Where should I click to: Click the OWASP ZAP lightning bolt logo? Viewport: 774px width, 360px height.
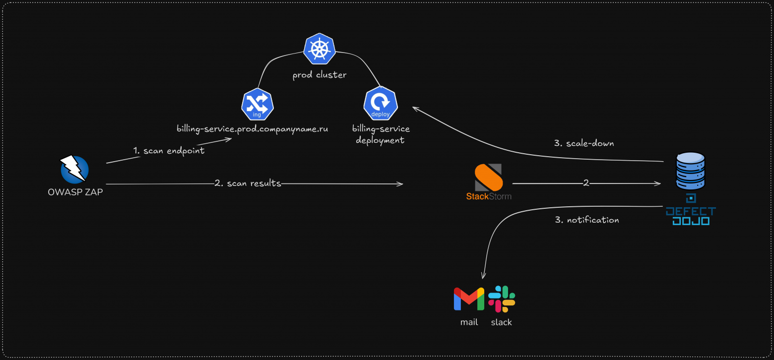(x=74, y=169)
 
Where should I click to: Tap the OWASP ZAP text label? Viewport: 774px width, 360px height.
(x=75, y=192)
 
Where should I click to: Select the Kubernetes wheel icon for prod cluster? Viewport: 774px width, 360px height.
(x=320, y=49)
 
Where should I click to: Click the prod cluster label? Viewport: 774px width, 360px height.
(x=320, y=75)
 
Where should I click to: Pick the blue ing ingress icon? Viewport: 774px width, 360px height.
(x=258, y=104)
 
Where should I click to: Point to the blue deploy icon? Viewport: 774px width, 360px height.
(x=381, y=103)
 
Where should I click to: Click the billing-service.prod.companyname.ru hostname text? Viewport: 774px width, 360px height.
(x=252, y=129)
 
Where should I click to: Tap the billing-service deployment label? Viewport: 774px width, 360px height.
(x=381, y=134)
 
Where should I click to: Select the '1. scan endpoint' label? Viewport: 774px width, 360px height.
(x=169, y=151)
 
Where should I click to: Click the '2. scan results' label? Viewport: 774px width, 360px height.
(x=248, y=183)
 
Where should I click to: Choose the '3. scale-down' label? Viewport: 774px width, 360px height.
(x=584, y=143)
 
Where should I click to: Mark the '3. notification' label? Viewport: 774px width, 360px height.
(x=587, y=220)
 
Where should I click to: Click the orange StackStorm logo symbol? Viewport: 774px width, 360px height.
(x=489, y=177)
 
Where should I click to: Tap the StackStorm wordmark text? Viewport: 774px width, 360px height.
(x=489, y=196)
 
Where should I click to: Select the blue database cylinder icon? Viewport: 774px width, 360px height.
(x=690, y=171)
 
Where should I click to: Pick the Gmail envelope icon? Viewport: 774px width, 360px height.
(x=469, y=299)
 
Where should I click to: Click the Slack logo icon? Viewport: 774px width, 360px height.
(x=502, y=299)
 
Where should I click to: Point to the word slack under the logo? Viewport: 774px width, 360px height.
(x=502, y=322)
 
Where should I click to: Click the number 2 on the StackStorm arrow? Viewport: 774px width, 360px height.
(x=586, y=183)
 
